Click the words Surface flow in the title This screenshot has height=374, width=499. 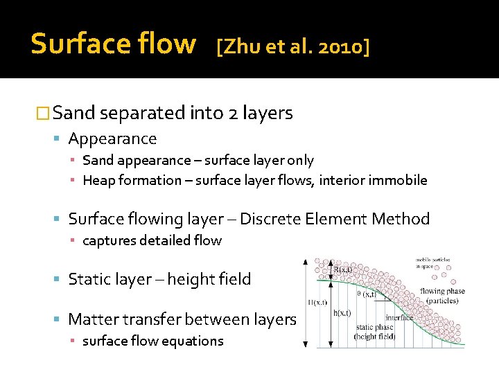[113, 44]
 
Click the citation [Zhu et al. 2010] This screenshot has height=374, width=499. [292, 46]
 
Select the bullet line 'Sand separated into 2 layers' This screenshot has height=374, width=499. [172, 112]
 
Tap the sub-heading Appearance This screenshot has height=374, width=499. [112, 139]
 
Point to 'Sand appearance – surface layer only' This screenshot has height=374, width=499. [198, 161]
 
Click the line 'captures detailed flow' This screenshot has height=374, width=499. [152, 241]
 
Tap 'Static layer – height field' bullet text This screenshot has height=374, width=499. [159, 279]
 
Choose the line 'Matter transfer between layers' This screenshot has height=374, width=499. [182, 319]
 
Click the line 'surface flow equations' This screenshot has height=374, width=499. [152, 341]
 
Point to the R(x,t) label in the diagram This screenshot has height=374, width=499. [343, 269]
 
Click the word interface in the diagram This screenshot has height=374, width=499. [399, 317]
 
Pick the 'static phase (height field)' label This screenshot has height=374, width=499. [374, 331]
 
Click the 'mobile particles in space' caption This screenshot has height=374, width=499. [432, 265]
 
